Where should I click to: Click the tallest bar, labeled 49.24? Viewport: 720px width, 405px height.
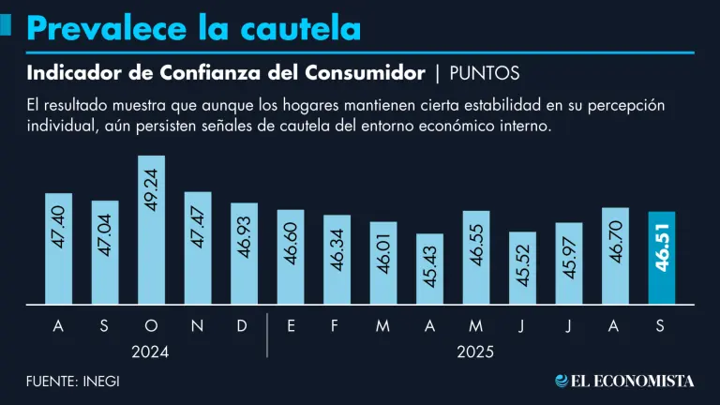point(152,230)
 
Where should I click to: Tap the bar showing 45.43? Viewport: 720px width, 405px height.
point(430,269)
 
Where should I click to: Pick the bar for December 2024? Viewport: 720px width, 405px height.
point(244,253)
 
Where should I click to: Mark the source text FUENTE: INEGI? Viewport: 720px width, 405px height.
point(73,381)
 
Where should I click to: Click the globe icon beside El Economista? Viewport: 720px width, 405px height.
point(562,381)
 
